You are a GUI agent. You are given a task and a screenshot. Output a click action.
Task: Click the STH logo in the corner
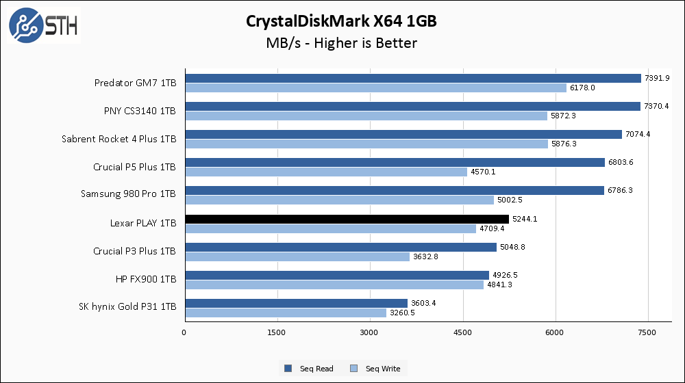(x=43, y=25)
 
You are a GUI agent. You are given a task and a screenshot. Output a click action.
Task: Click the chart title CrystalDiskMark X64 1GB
(x=341, y=21)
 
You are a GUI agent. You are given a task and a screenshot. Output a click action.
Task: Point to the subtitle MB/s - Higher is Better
(x=341, y=43)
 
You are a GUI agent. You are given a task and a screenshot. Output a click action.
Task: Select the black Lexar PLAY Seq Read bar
(x=347, y=219)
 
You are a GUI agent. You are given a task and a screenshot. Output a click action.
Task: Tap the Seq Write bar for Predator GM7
(x=375, y=88)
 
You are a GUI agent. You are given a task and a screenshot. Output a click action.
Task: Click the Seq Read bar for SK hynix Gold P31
(x=296, y=303)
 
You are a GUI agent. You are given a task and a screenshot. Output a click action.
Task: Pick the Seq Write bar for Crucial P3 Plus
(x=297, y=256)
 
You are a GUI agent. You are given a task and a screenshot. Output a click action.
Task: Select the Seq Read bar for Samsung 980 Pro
(x=394, y=191)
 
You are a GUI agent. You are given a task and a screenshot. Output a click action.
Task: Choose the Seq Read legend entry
(x=309, y=369)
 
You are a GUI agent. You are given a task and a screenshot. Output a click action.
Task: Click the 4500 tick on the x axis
(x=463, y=332)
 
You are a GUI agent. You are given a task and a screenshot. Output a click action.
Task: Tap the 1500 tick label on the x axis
(x=277, y=332)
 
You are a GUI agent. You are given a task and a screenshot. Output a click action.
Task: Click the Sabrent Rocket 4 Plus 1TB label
(x=119, y=139)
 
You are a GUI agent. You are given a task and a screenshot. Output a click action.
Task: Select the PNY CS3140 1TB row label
(x=135, y=111)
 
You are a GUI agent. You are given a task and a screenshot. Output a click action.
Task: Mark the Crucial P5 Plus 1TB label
(x=134, y=167)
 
